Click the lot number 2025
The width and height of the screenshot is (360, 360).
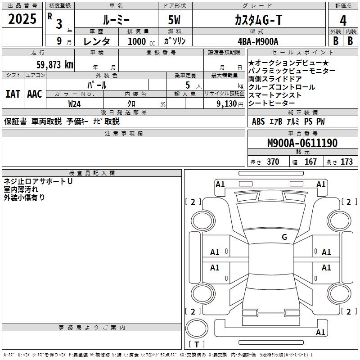pyautogui.click(x=22, y=19)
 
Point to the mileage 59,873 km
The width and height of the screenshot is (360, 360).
pyautogui.click(x=54, y=64)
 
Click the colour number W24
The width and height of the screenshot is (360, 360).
pyautogui.click(x=75, y=103)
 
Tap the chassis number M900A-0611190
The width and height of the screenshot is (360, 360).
pyautogui.click(x=302, y=143)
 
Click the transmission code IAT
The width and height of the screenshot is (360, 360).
pyautogui.click(x=13, y=94)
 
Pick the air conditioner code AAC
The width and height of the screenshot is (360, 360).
pyautogui.click(x=34, y=94)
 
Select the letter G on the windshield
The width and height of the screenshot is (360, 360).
pyautogui.click(x=284, y=237)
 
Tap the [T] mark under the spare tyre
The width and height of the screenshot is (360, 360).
pyautogui.click(x=197, y=345)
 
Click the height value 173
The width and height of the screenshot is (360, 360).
pyautogui.click(x=346, y=162)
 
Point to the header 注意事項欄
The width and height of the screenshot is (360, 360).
pyautogui.click(x=123, y=133)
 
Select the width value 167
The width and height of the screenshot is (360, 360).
pyautogui.click(x=311, y=162)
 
